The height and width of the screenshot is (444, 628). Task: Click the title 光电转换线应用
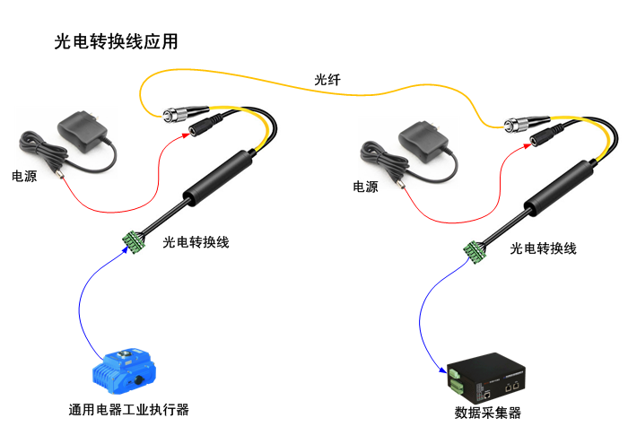coord(116,41)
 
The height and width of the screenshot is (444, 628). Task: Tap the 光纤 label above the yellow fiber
coord(327,81)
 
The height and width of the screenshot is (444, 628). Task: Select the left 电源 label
coord(24,177)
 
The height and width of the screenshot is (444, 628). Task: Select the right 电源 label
coord(365,187)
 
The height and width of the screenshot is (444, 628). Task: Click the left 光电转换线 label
coord(196,242)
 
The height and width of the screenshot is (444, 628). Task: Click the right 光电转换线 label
coord(543,248)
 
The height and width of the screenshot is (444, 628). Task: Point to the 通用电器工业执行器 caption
coord(129,410)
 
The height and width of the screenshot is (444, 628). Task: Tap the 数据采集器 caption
coord(488,414)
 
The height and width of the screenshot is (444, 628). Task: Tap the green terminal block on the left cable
coord(135,239)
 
